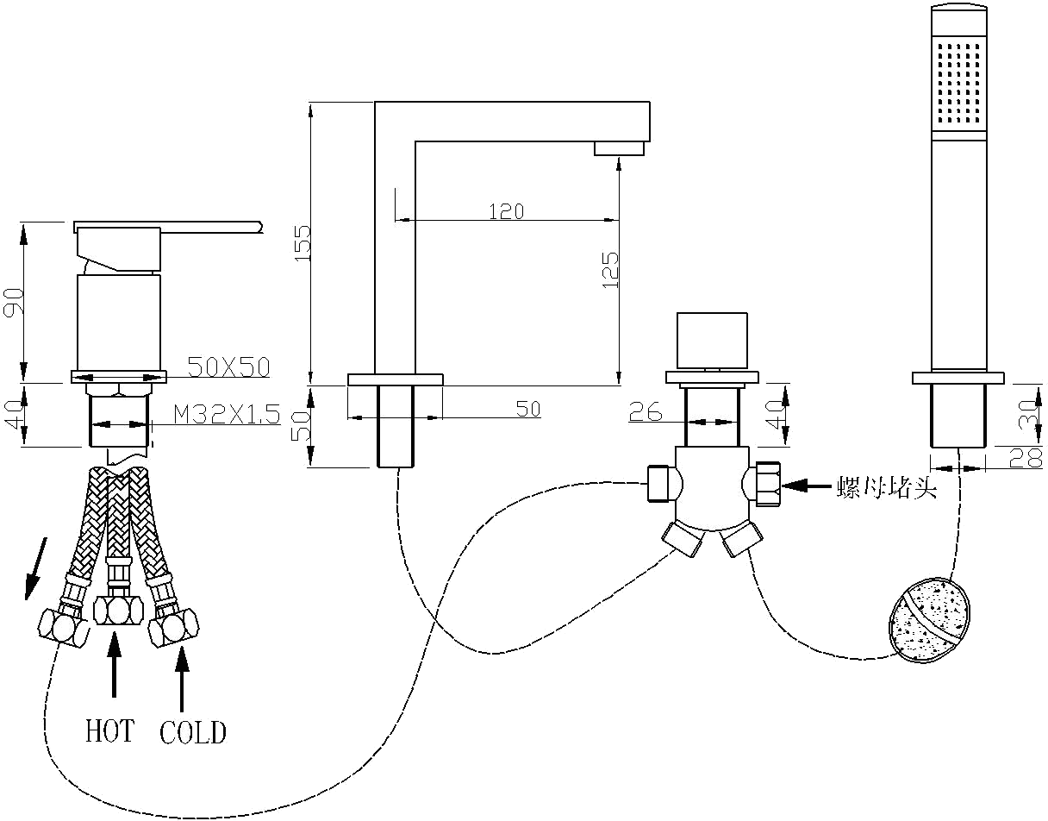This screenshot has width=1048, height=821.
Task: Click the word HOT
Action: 109,731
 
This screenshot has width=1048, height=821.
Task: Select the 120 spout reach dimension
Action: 506,210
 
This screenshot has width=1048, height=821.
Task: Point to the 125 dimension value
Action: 609,269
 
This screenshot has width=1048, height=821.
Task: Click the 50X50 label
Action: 228,367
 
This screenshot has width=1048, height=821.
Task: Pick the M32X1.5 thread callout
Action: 228,415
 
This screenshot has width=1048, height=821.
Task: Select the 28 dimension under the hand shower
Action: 1025,459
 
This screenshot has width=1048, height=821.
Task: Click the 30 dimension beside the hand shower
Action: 1025,415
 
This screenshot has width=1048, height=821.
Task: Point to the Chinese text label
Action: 887,487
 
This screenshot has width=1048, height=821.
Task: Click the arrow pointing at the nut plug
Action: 806,486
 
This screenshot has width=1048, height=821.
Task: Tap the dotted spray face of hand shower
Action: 958,82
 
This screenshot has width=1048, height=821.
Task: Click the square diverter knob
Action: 712,341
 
